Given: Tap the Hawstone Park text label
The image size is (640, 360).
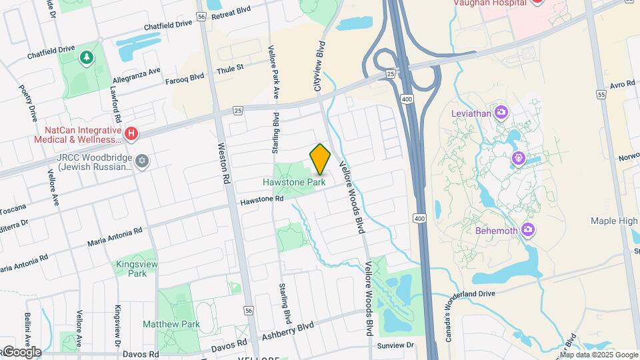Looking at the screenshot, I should [x=294, y=182].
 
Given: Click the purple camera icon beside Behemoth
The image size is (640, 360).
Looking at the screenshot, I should [x=528, y=230].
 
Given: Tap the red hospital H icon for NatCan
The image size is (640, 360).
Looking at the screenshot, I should [x=132, y=134].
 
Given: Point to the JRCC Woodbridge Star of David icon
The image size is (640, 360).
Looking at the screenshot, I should [x=141, y=161].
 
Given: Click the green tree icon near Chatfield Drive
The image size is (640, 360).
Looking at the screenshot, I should [x=86, y=58].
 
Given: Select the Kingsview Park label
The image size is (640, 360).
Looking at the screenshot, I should [x=137, y=269].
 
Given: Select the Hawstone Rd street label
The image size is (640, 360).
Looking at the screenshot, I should [x=257, y=200].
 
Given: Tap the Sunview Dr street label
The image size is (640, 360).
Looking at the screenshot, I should [x=395, y=345].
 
